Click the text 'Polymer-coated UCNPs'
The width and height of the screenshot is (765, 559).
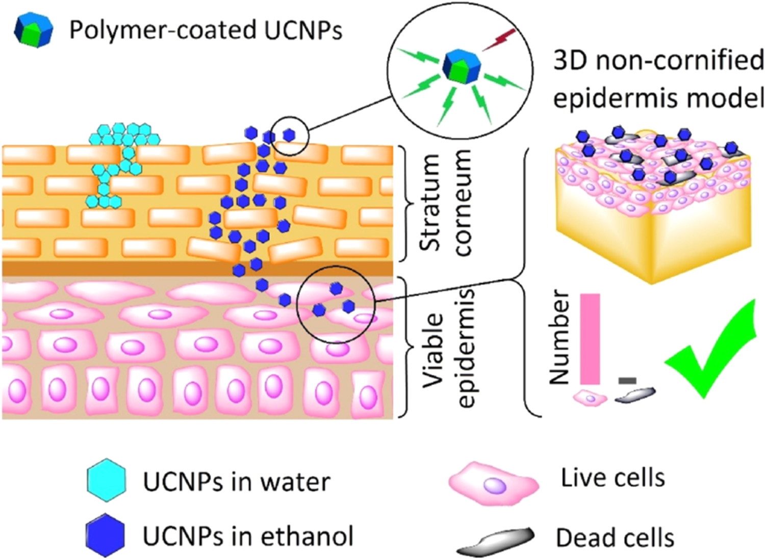tap(206, 30)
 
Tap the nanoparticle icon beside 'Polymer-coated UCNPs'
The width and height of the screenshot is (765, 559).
tap(34, 30)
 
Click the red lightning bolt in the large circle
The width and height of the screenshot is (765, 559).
tap(499, 40)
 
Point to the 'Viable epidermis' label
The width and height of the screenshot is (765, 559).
tap(449, 349)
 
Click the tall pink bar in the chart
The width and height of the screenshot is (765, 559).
tap(590, 339)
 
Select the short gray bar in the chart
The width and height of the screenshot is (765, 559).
tap(627, 380)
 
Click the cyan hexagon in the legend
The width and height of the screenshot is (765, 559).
tap(106, 481)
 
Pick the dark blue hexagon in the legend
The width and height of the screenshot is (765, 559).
tap(105, 535)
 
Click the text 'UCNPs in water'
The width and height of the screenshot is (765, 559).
tap(237, 482)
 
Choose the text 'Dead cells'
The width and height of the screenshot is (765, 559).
tap(615, 538)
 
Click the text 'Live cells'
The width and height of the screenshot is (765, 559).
tap(613, 478)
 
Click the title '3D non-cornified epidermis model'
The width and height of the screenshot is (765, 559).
tap(658, 79)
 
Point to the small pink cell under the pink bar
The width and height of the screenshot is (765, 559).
tap(590, 397)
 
